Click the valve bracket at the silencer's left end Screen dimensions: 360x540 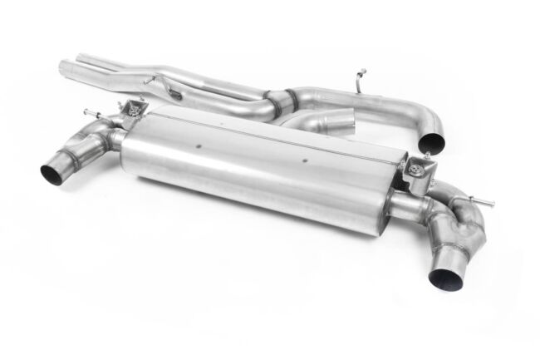tap(131, 107)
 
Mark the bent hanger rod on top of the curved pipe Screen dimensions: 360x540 tap(359, 80)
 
